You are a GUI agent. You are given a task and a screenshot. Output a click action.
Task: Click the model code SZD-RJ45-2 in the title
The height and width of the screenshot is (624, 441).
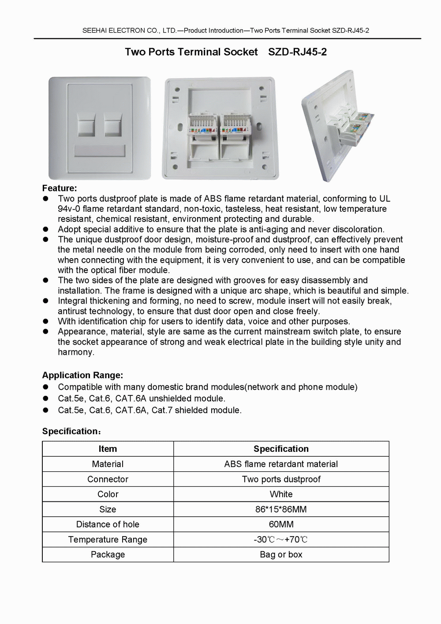click(x=297, y=52)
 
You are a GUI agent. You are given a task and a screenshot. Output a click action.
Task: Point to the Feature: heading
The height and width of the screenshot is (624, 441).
click(x=60, y=188)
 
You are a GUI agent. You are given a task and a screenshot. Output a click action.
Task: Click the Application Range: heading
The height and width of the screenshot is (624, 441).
click(x=82, y=376)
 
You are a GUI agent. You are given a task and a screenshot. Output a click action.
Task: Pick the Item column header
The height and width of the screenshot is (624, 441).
click(x=108, y=449)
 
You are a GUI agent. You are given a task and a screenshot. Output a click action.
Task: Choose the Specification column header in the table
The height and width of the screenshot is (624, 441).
click(x=281, y=449)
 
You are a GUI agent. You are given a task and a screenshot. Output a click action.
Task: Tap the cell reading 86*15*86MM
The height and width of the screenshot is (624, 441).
click(x=281, y=509)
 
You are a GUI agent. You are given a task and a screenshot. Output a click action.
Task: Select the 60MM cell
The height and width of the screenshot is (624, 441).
click(x=281, y=524)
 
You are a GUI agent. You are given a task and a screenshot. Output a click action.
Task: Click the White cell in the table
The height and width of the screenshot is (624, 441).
click(x=281, y=494)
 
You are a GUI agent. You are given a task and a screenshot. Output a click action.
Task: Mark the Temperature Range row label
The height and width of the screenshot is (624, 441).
click(x=108, y=539)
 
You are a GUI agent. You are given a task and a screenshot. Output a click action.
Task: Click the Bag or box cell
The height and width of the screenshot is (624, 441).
click(x=281, y=554)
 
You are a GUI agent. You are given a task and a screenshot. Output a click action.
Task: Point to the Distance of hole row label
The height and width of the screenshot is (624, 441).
click(x=108, y=524)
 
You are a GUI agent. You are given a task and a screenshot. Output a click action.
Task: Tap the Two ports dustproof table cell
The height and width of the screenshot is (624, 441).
click(x=281, y=479)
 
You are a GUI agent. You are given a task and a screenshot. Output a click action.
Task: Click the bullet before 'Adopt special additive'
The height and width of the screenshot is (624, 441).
click(x=45, y=229)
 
